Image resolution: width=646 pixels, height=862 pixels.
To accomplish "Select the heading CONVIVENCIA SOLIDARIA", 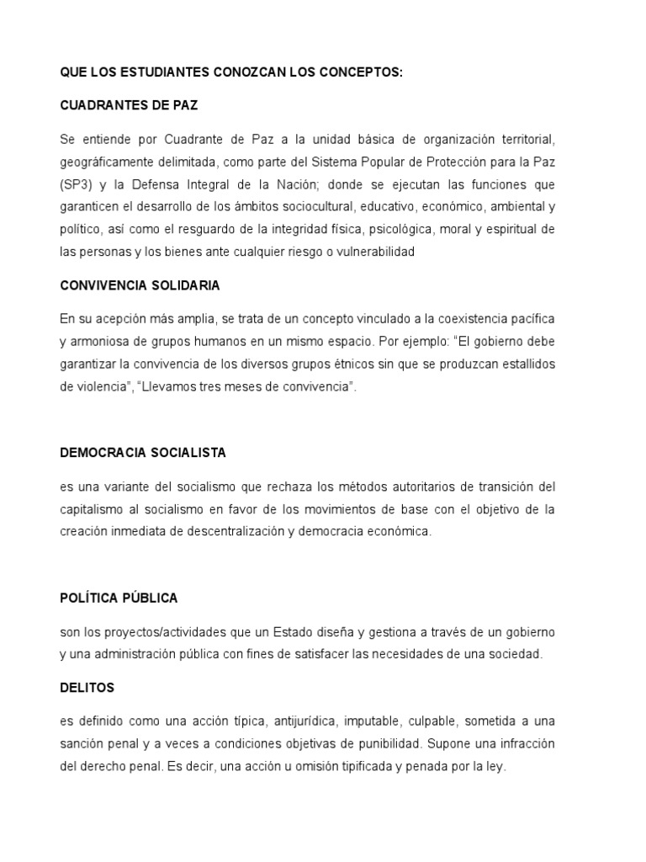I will point(140,285).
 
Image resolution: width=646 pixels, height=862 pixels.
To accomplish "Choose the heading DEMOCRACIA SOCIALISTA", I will point(143,452).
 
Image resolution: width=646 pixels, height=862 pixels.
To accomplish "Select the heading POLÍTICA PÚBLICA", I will point(119,598).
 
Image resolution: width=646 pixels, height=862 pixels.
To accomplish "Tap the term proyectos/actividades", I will point(163,631).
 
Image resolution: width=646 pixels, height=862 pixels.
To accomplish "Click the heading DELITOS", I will point(87,688).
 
